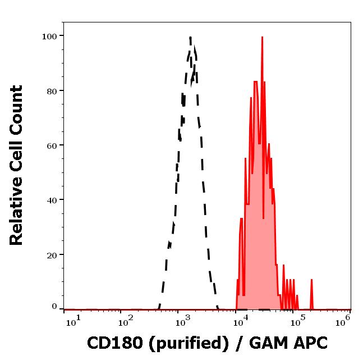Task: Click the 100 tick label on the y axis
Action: click(50, 36)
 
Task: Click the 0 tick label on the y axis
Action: click(54, 307)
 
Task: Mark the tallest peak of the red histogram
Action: click(261, 38)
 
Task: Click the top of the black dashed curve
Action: click(191, 38)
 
